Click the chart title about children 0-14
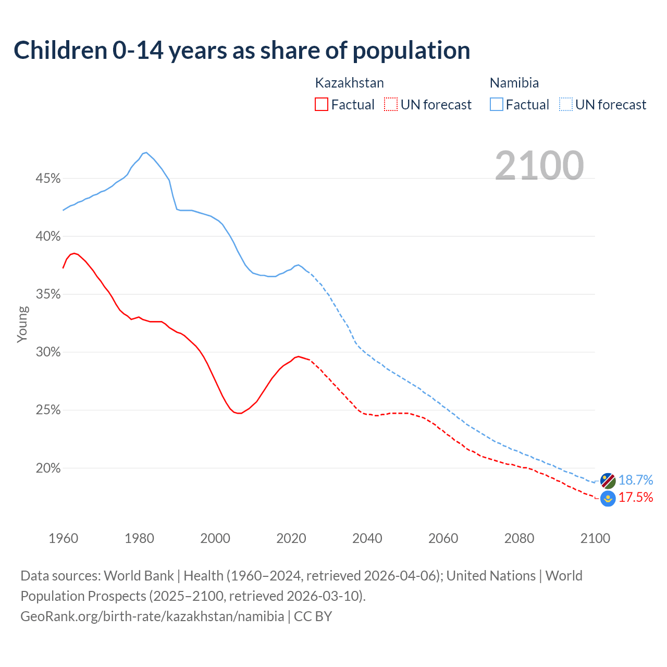pos(242,51)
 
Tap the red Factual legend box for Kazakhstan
pos(322,105)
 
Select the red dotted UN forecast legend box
pos(391,105)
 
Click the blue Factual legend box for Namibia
pos(497,105)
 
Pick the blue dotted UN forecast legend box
pos(566,105)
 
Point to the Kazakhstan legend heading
pos(349,83)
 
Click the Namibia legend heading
pos(514,83)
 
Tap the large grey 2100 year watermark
pos(539,165)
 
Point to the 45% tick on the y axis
pos(48,179)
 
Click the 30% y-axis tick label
pos(48,352)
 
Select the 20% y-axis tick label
pos(48,468)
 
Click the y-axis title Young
pos(22,324)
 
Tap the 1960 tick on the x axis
pos(64,538)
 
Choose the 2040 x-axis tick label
pos(367,538)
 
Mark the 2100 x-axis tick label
pos(595,538)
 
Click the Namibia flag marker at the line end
pos(608,480)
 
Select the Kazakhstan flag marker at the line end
pos(608,499)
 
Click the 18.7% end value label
pos(636,480)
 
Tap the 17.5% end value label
pos(636,498)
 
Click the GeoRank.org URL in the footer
pos(152,616)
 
